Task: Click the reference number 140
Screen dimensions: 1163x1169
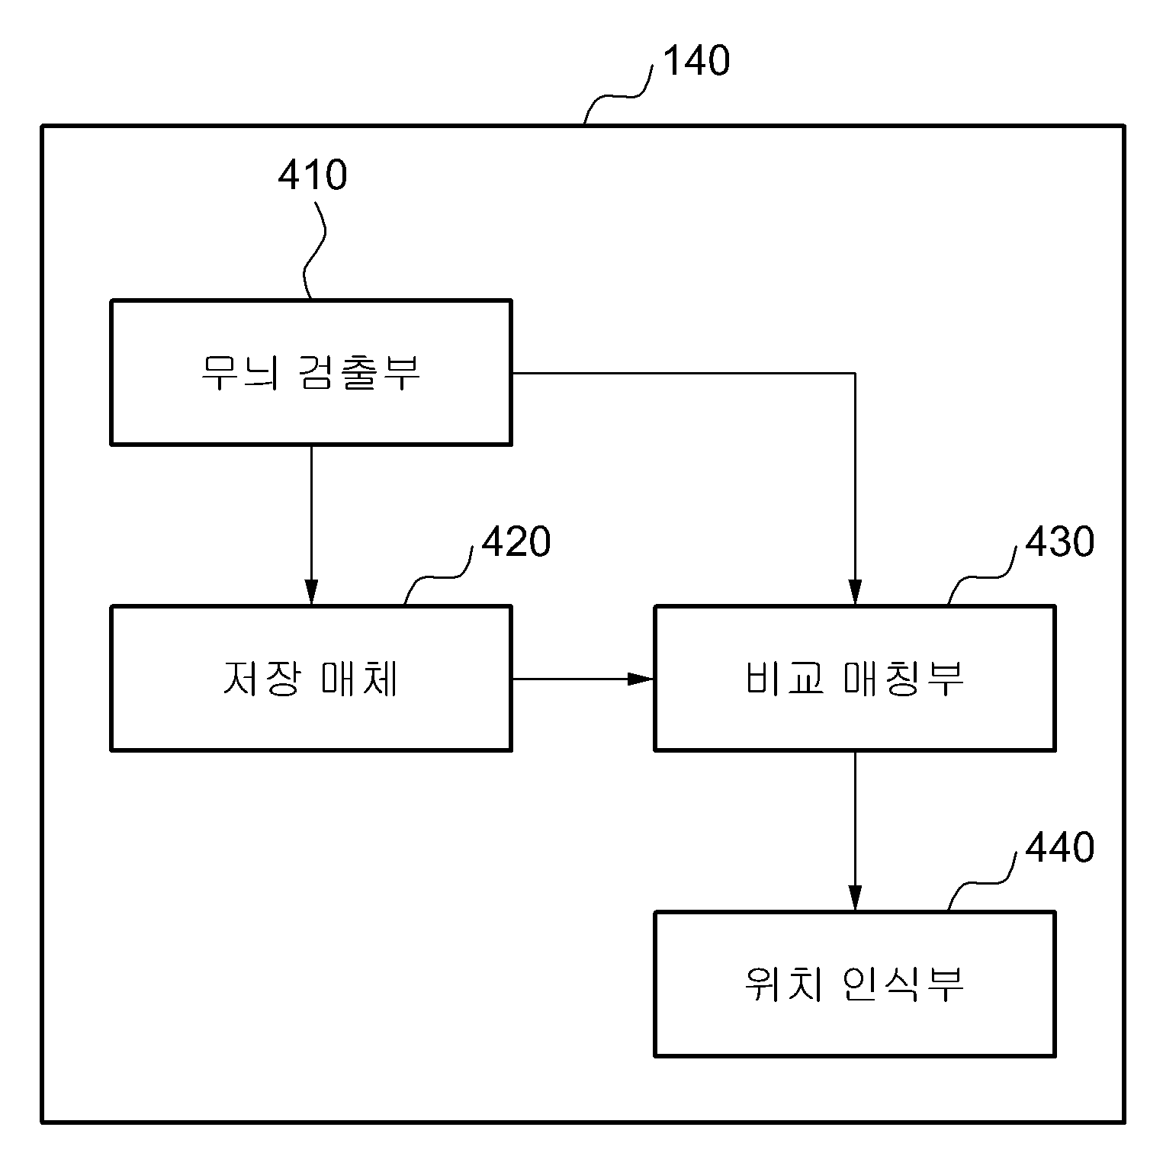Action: [696, 61]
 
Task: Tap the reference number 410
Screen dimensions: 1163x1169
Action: [312, 175]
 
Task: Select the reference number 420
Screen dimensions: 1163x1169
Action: [516, 542]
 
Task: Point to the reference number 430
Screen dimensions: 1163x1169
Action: [1060, 542]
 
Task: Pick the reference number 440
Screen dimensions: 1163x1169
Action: [1060, 847]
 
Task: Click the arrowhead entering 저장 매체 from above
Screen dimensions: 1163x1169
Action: [311, 593]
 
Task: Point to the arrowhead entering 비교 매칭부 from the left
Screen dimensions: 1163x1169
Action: [641, 678]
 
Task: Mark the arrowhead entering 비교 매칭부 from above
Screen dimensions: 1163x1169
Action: [855, 593]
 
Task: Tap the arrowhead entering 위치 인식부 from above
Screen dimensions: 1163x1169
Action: [855, 898]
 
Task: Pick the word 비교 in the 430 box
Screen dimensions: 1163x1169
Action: [784, 678]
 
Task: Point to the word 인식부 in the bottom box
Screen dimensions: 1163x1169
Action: [904, 984]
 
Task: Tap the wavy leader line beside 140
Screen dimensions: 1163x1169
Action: [618, 95]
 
